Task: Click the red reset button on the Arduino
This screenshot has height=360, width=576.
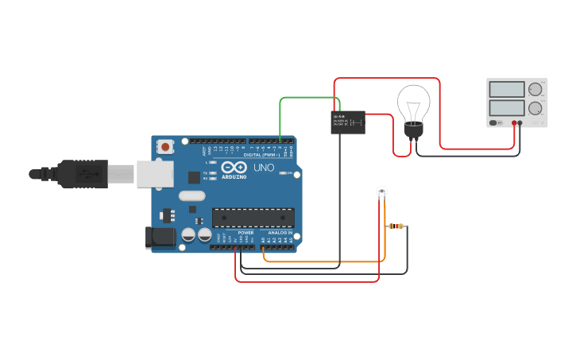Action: click(x=165, y=146)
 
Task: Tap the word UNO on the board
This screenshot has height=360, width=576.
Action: click(x=263, y=168)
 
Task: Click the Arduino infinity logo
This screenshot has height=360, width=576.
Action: click(x=234, y=168)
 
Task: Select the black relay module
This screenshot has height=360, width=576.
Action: click(x=348, y=122)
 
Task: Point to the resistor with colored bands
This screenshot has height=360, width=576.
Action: click(x=396, y=226)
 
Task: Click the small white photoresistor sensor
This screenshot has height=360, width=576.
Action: click(x=382, y=192)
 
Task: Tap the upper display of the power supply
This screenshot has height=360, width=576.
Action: click(x=506, y=89)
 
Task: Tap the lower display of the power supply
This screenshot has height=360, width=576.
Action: click(x=506, y=107)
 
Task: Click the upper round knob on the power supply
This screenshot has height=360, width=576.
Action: click(x=535, y=89)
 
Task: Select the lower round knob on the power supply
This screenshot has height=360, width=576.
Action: click(x=535, y=108)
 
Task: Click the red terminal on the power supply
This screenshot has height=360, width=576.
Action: click(x=515, y=123)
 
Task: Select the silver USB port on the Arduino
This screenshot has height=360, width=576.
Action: click(x=154, y=174)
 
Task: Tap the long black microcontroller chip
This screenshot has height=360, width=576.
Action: click(x=253, y=217)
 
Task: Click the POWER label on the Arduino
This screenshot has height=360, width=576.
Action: click(x=245, y=232)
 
